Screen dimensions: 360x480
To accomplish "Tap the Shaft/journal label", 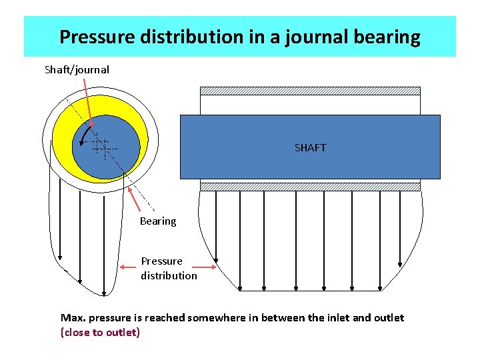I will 77,69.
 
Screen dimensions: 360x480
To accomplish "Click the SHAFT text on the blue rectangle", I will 310,147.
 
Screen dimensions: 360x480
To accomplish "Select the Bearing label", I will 158,221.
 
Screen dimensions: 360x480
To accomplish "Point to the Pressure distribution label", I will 169,268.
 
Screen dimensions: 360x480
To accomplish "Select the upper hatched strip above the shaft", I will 310,91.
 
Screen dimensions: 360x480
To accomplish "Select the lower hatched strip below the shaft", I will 310,187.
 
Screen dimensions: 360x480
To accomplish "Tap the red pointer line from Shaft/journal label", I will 87,100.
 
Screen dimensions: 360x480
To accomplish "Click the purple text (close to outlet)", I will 100,332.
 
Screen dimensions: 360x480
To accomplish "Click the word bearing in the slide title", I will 387,37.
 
